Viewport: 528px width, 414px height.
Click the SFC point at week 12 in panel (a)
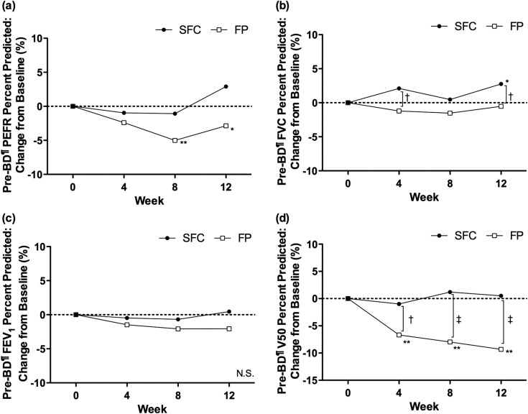coord(226,86)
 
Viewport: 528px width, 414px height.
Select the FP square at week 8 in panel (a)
coord(175,140)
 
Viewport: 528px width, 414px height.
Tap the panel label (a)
coord(12,9)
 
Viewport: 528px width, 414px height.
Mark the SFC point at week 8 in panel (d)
coord(450,292)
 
